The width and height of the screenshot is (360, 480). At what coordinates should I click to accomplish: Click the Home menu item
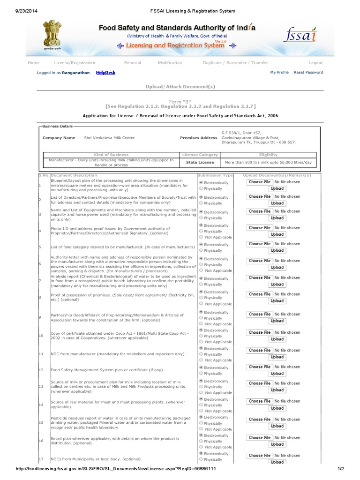coord(34,63)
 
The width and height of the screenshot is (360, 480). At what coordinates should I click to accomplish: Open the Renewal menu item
coord(133,63)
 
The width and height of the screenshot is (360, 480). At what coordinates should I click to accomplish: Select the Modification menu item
coord(170,63)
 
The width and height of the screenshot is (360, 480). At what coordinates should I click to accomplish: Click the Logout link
coord(315,63)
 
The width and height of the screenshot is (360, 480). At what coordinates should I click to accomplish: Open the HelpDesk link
coord(105,73)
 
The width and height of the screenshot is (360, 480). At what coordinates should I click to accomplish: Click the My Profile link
coord(279,73)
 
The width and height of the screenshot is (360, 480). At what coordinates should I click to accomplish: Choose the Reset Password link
coord(308,73)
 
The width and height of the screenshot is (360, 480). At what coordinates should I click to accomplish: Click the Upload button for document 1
coord(277,188)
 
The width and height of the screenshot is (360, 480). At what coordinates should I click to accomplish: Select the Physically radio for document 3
coord(202,217)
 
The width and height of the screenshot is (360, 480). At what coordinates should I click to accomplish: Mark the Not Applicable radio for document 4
coord(202,237)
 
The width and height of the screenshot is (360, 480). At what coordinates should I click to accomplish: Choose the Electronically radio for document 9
coord(202,312)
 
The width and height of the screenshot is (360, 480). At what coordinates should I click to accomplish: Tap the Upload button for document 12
coord(277,374)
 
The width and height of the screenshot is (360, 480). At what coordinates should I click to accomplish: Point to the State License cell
coord(200,162)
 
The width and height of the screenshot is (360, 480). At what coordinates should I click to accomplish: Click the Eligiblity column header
coord(268,155)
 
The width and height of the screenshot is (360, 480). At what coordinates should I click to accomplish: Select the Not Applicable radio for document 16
coord(202,447)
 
